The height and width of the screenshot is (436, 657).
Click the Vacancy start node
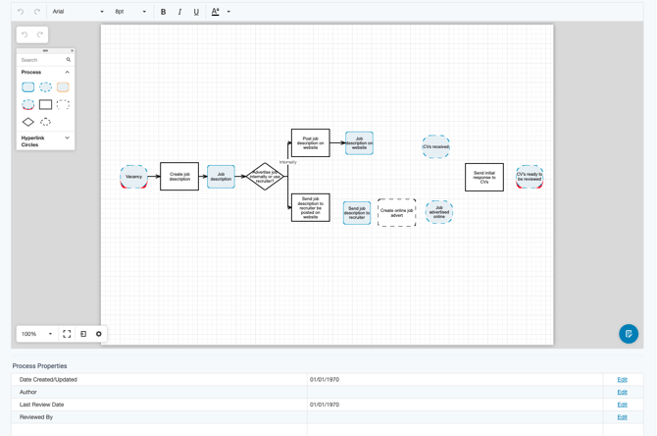coord(133,177)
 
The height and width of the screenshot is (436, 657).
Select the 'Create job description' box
coord(179,177)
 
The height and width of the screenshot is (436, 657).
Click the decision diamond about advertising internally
coord(265,177)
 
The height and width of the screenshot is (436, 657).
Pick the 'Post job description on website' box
coord(310,142)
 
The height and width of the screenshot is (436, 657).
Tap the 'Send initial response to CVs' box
coord(483,177)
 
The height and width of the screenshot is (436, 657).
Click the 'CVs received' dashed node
coord(435,146)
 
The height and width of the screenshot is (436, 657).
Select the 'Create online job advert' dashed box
coord(396,212)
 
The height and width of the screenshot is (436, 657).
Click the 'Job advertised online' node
coord(438,212)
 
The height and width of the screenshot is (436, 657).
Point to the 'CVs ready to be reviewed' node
coord(530,177)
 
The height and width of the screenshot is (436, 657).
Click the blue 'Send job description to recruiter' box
coord(357,212)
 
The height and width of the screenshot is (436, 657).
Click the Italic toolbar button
coord(179,12)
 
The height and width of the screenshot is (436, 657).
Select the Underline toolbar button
coord(196,12)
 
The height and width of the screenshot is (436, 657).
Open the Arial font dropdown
coord(78,12)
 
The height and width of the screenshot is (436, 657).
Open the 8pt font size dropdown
coord(130,12)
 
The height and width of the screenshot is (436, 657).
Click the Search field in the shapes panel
coord(43,60)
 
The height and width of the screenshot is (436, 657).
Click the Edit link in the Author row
coord(622,392)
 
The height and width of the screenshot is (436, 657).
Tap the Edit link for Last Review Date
coord(622,405)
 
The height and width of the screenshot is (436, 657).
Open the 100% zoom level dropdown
coord(37,334)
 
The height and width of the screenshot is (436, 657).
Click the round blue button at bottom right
coord(629,334)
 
